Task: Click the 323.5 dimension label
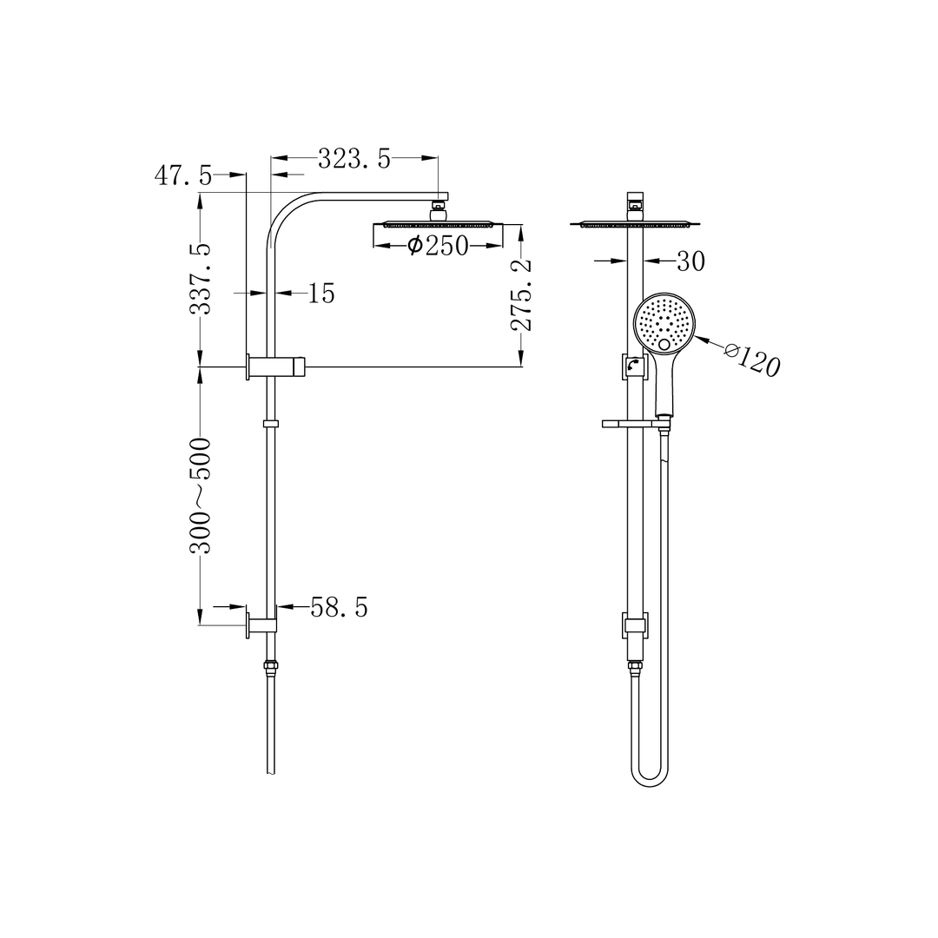[x=353, y=159]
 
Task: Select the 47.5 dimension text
[x=183, y=175]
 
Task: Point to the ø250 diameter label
[x=438, y=246]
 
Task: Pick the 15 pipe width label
[x=320, y=294]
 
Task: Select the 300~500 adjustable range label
[x=201, y=495]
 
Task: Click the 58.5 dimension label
[x=339, y=608]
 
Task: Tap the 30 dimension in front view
[x=690, y=261]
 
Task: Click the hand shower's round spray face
[x=664, y=323]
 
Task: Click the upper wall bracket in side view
[x=276, y=367]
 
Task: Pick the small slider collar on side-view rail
[x=270, y=424]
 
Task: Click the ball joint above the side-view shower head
[x=440, y=208]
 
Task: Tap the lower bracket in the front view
[x=635, y=624]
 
